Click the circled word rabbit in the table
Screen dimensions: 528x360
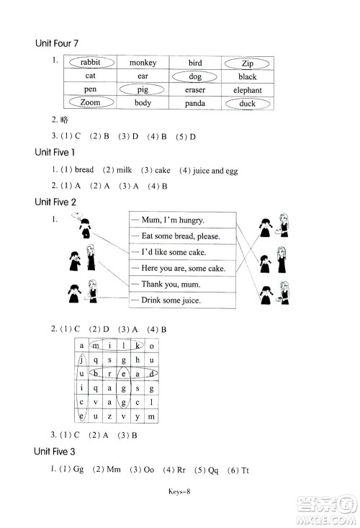tap(90, 63)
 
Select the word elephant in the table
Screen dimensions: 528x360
tap(247, 90)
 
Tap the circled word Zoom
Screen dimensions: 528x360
tap(90, 103)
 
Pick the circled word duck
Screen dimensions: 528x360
tap(247, 104)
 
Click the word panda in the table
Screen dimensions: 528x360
tap(194, 104)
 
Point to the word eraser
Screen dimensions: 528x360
tap(194, 90)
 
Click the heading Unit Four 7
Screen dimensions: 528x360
tap(60, 45)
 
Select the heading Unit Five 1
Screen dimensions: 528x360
tap(55, 153)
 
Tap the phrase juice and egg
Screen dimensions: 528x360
tap(214, 171)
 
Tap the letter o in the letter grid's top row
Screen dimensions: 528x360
tap(151, 346)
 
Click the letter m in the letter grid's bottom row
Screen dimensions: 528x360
tap(151, 417)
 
